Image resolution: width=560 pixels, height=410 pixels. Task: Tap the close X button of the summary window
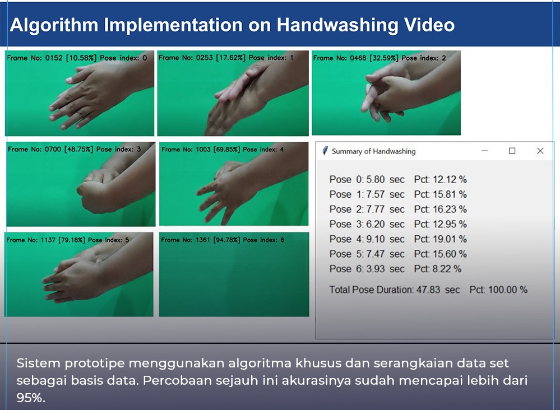(540, 151)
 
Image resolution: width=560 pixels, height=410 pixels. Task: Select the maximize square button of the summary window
(512, 151)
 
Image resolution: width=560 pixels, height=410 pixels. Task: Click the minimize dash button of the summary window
(485, 151)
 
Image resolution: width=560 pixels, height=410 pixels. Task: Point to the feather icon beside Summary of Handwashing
(325, 151)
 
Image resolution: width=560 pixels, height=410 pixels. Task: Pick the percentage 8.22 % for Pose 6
(447, 269)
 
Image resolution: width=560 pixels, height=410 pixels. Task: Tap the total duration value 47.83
(428, 290)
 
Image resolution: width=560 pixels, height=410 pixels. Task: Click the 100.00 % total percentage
(508, 290)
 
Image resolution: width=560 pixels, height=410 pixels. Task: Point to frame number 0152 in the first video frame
(54, 58)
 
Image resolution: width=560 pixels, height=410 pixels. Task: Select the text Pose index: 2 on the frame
(424, 58)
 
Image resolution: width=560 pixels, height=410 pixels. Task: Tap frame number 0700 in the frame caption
(53, 149)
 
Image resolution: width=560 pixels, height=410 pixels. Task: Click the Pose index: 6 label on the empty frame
(263, 240)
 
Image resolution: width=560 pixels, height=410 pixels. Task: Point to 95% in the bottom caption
(31, 398)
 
